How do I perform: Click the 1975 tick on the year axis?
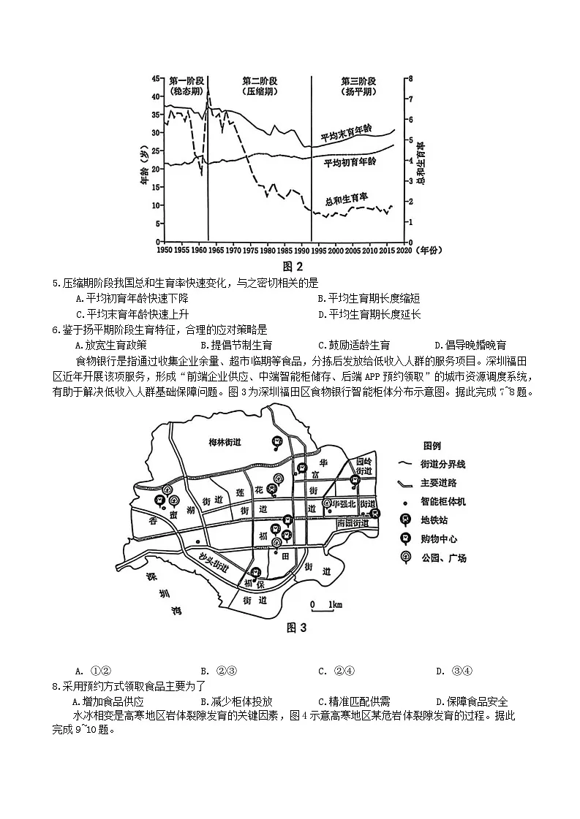pos(250,251)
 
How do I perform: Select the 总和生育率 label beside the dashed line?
pos(346,199)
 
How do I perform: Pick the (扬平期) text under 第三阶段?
pos(358,93)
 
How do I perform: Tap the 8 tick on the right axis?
pos(411,78)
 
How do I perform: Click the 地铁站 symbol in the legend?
pos(404,519)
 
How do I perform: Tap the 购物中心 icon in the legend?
pos(404,538)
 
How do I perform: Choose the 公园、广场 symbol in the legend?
pos(404,557)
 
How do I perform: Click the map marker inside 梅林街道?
pos(277,441)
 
